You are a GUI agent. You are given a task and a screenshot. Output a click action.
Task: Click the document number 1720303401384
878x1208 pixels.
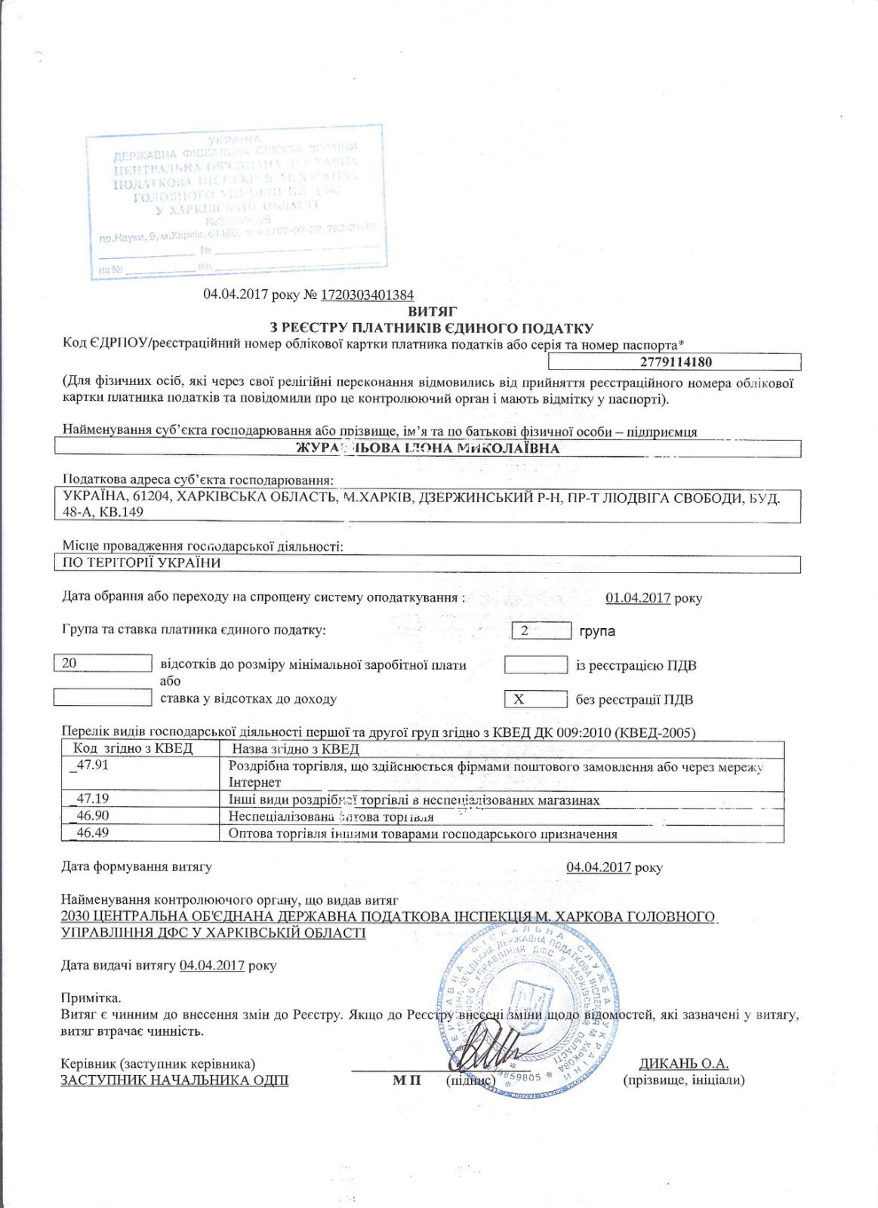pyautogui.click(x=367, y=294)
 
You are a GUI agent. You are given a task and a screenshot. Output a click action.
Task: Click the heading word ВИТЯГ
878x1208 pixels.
pyautogui.click(x=432, y=311)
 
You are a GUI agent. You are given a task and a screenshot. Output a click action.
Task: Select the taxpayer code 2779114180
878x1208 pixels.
pyautogui.click(x=676, y=362)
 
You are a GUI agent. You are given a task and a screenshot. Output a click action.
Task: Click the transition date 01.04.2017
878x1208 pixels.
pyautogui.click(x=638, y=598)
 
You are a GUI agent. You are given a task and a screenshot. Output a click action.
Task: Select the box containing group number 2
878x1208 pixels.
pyautogui.click(x=541, y=630)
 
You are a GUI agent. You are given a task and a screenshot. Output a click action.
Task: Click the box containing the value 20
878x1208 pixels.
pyautogui.click(x=103, y=663)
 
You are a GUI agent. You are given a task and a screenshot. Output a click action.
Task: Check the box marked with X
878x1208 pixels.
pyautogui.click(x=535, y=699)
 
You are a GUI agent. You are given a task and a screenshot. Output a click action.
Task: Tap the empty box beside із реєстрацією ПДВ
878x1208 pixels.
pyautogui.click(x=535, y=665)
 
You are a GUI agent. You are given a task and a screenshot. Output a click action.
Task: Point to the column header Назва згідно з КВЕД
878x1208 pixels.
pyautogui.click(x=295, y=749)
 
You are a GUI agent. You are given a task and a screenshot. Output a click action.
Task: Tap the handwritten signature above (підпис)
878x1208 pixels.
pyautogui.click(x=491, y=1052)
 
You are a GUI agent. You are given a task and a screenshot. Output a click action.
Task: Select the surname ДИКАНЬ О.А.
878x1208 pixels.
pyautogui.click(x=683, y=1064)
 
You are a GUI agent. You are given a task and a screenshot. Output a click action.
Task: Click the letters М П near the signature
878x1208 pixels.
pyautogui.click(x=406, y=1080)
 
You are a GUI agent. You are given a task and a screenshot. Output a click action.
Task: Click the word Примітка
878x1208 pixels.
pyautogui.click(x=91, y=998)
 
